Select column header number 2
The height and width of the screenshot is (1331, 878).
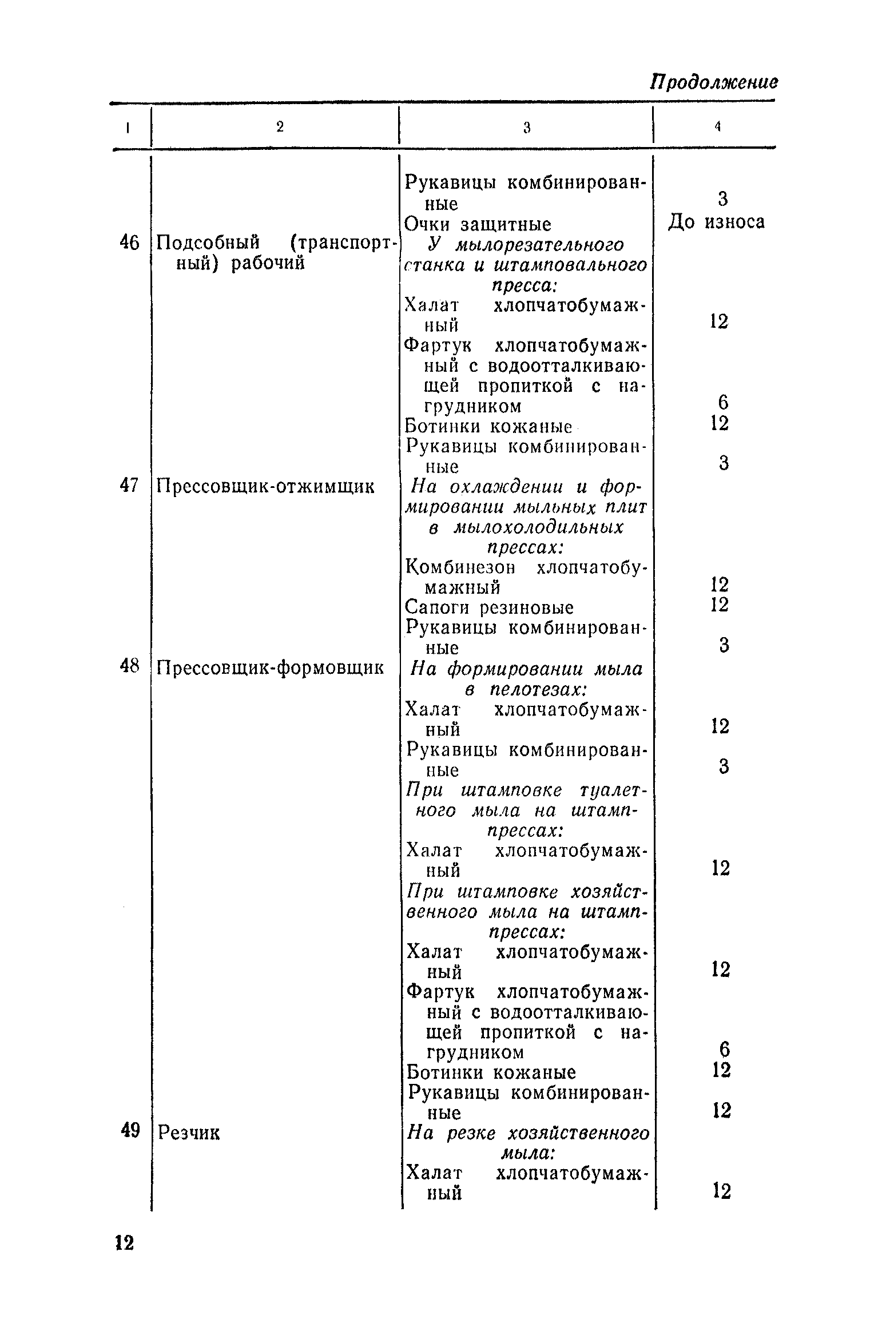point(280,127)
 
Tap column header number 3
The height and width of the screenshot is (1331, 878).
point(527,128)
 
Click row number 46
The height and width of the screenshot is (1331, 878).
point(129,243)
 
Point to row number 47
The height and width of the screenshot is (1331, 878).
point(129,486)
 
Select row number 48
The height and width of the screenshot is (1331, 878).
point(129,666)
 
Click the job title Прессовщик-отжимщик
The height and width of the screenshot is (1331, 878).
point(266,487)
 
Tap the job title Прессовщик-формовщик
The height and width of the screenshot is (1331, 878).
point(270,668)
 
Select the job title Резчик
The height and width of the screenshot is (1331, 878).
point(189,1133)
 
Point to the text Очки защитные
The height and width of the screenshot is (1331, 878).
point(478,224)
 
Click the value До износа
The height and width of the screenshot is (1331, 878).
point(716,221)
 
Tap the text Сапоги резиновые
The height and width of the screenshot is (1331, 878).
point(489,607)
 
